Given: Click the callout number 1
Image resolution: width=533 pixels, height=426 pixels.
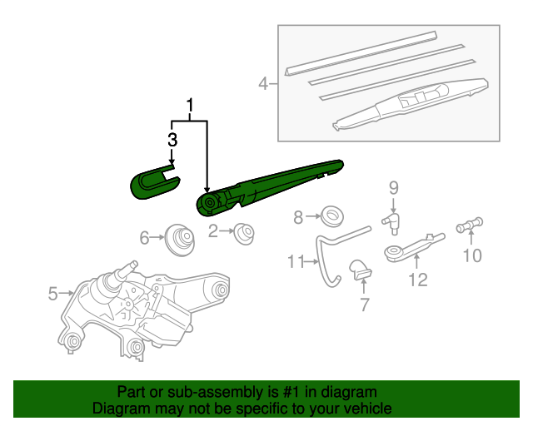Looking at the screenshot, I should tap(191, 106).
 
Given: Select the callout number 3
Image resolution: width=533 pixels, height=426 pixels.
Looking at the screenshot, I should tap(172, 139).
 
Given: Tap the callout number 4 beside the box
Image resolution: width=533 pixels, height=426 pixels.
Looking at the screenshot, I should tap(263, 83).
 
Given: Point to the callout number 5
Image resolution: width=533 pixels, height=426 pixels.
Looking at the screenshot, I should tap(52, 293).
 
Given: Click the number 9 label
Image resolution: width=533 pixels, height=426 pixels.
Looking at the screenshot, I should tap(394, 187).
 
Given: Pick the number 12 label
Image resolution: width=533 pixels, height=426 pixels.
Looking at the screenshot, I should tap(417, 280).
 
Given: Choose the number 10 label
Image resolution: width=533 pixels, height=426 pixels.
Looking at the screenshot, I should tap(472, 255).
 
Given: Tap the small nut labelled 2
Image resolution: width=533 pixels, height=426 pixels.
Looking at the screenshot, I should tap(244, 232).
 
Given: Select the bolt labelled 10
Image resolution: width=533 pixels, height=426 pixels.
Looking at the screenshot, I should tap(471, 225).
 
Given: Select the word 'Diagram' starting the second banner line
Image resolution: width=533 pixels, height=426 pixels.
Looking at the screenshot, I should tap(121, 409).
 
